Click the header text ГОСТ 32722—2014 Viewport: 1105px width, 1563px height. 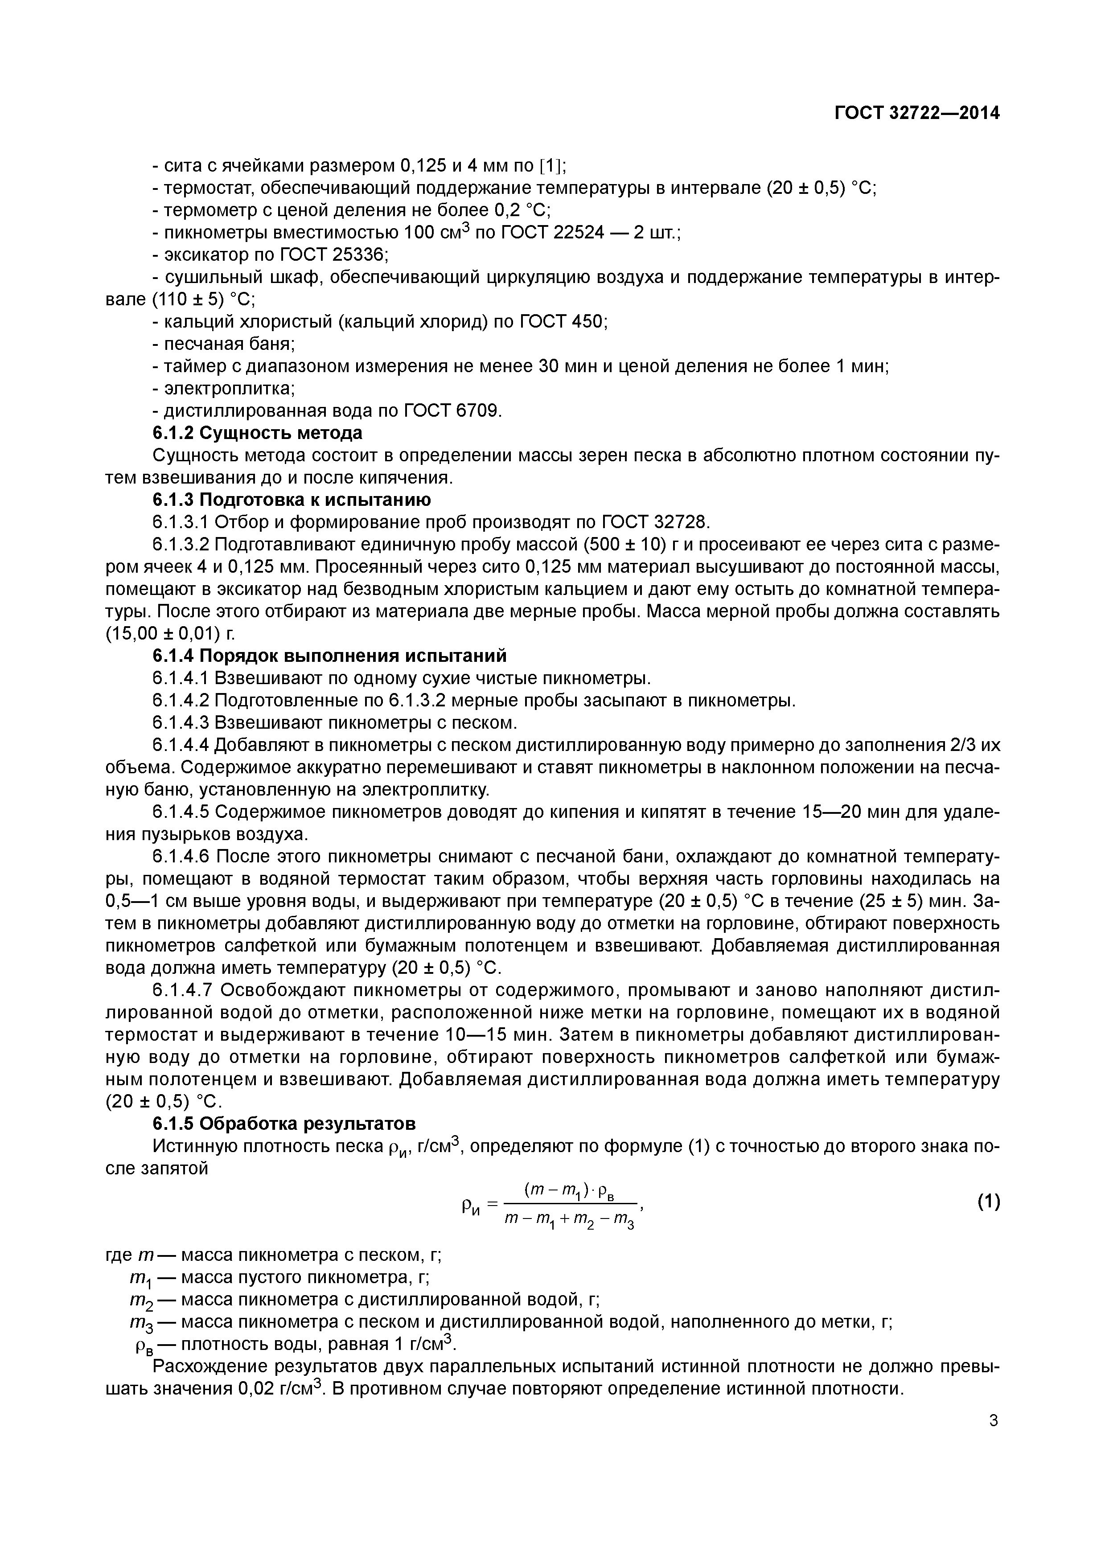[917, 113]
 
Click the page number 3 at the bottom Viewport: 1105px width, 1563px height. [994, 1421]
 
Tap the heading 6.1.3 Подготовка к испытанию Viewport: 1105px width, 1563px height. [292, 500]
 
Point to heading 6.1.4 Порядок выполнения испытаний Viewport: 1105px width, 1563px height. [329, 656]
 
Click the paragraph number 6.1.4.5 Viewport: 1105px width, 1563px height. [181, 812]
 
